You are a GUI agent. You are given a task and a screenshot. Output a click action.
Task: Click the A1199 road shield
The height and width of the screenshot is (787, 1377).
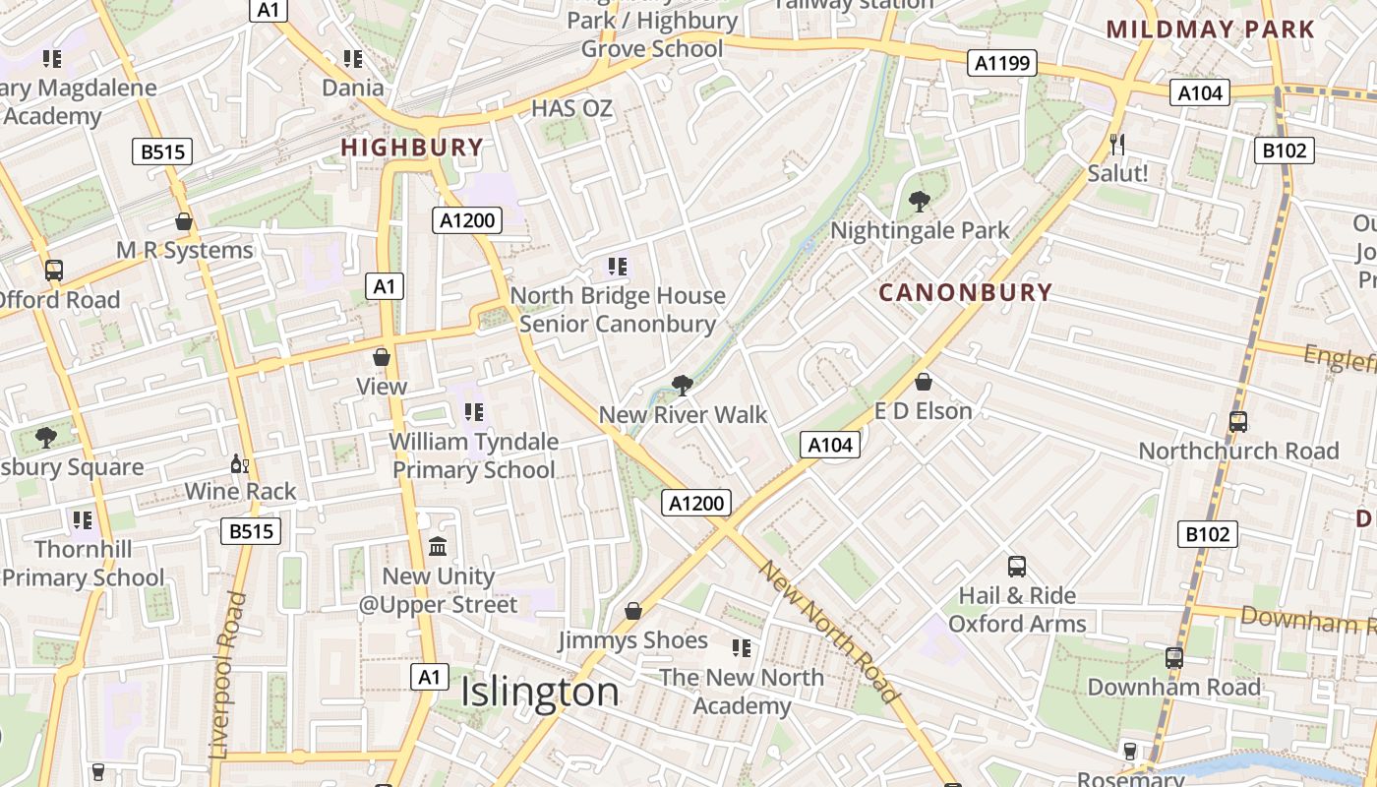(1002, 64)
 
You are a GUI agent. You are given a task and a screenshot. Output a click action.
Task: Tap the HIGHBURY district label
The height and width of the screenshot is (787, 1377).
(412, 148)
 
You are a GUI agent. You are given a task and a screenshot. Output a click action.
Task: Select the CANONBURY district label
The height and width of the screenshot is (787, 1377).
(965, 292)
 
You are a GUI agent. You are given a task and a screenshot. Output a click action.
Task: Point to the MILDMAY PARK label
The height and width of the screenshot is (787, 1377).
(1210, 29)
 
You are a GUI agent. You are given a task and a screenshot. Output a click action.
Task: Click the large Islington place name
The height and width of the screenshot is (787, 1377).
(540, 692)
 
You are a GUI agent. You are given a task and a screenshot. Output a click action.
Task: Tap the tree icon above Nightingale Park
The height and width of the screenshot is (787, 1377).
(920, 202)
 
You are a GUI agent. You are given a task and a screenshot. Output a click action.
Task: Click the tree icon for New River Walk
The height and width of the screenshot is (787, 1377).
(681, 385)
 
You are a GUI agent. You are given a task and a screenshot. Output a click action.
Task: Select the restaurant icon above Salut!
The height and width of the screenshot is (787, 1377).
(1116, 145)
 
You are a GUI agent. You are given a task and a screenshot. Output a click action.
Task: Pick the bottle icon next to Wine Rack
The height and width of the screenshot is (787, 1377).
(239, 463)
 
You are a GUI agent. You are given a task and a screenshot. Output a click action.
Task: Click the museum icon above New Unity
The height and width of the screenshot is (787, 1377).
(438, 546)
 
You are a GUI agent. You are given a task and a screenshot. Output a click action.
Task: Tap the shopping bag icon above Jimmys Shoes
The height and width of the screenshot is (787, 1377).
(633, 611)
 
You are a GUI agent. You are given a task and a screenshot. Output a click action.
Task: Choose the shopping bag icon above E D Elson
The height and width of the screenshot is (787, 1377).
(924, 382)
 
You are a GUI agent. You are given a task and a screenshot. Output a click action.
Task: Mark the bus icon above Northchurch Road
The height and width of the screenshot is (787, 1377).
(1237, 422)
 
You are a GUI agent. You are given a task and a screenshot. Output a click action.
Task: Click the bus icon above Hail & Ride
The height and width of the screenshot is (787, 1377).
(1017, 567)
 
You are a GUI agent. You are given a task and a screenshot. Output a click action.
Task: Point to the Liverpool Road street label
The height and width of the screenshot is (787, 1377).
(228, 674)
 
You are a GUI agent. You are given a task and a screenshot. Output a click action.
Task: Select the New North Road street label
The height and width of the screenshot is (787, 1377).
(829, 632)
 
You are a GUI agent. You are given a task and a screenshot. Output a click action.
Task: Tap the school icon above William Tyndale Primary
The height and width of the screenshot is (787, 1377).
(473, 412)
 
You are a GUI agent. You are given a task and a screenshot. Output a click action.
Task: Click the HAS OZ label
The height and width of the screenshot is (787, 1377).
(571, 108)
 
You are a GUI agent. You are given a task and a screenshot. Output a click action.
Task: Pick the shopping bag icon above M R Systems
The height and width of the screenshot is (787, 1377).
(184, 221)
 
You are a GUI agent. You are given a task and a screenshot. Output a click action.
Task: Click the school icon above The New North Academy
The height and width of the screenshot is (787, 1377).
(741, 647)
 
